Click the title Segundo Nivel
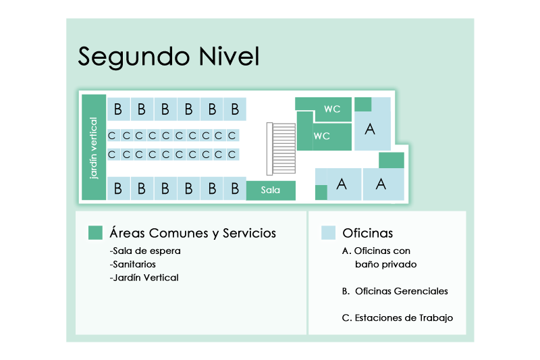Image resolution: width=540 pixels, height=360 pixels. click(x=168, y=56)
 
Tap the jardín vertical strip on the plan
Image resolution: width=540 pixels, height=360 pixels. click(x=94, y=147)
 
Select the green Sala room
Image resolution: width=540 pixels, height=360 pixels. click(x=271, y=190)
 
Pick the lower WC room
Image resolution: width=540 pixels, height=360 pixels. click(x=331, y=136)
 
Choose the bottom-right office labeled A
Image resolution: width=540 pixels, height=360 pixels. click(x=383, y=183)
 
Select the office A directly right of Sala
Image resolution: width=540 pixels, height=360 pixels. click(x=342, y=183)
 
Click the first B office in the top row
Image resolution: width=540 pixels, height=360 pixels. click(x=118, y=109)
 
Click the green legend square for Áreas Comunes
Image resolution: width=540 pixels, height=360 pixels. click(x=95, y=233)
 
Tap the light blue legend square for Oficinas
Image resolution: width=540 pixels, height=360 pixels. click(x=328, y=233)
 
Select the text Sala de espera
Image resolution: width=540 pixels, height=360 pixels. click(x=145, y=251)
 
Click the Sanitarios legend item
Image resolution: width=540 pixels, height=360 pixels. click(x=132, y=264)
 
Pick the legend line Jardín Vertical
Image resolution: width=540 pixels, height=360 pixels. click(x=144, y=278)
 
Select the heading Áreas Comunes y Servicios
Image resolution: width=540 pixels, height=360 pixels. click(x=192, y=233)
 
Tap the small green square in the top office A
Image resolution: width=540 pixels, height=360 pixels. click(x=362, y=104)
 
